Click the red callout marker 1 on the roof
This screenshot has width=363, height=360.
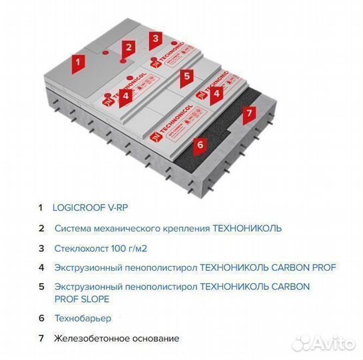click(x=78, y=64)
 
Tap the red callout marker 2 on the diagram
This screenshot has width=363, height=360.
click(x=129, y=47)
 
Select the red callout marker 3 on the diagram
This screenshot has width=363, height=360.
click(x=155, y=39)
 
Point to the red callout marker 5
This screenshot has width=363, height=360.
click(x=187, y=76)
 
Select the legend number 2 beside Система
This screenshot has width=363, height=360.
click(x=41, y=228)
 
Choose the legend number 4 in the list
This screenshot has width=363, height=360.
click(x=41, y=267)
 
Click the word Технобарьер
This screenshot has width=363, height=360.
click(x=84, y=319)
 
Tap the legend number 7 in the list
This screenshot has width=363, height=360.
click(x=41, y=338)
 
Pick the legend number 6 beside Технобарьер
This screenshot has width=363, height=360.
click(x=41, y=319)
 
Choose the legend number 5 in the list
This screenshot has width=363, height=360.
click(x=41, y=287)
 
